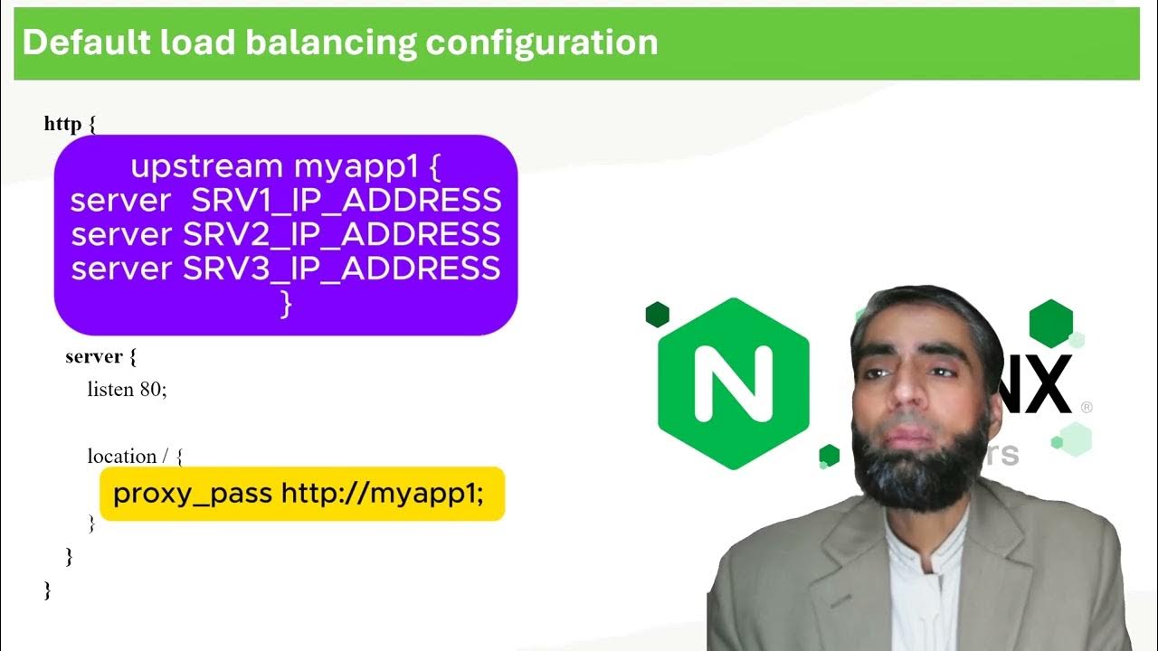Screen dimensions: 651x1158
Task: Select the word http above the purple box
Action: pyautogui.click(x=62, y=124)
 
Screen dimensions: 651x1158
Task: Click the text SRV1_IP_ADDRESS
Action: pyautogui.click(x=346, y=200)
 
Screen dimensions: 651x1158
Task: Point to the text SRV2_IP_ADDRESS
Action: pyautogui.click(x=341, y=234)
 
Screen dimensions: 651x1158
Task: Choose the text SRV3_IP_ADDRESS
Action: pyautogui.click(x=341, y=269)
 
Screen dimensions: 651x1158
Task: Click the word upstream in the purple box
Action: pyautogui.click(x=206, y=166)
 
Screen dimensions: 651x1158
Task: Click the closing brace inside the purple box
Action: pyautogui.click(x=286, y=304)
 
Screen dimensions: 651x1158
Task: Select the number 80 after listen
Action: pyautogui.click(x=151, y=390)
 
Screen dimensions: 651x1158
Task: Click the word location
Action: pyautogui.click(x=122, y=457)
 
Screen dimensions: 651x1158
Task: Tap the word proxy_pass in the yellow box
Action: pyautogui.click(x=192, y=494)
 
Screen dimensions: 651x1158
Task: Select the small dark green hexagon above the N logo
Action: pyautogui.click(x=657, y=315)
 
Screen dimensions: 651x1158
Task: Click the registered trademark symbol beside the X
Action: pyautogui.click(x=1087, y=408)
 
